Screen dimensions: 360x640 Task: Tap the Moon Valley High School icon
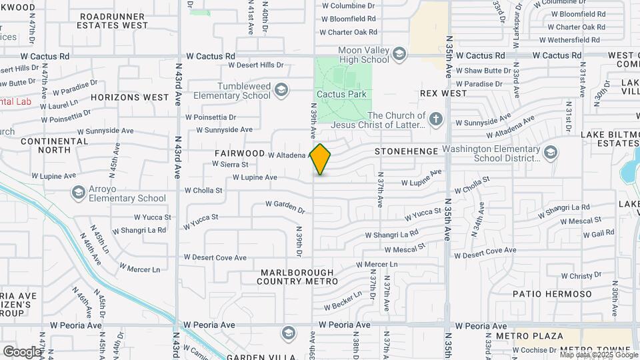pyautogui.click(x=399, y=53)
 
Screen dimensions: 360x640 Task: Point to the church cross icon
pyautogui.click(x=436, y=119)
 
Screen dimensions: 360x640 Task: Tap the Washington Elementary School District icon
pyautogui.click(x=551, y=153)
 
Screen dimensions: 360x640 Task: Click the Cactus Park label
pyautogui.click(x=341, y=95)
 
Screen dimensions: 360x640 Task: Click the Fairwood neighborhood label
pyautogui.click(x=240, y=153)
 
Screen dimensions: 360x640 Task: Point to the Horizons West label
pyautogui.click(x=130, y=97)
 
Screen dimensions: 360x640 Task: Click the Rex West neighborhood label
pyautogui.click(x=443, y=94)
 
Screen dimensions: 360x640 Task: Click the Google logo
pyautogui.click(x=22, y=351)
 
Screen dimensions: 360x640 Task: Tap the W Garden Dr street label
pyautogui.click(x=285, y=207)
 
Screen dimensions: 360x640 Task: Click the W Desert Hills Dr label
pyautogui.click(x=256, y=65)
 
